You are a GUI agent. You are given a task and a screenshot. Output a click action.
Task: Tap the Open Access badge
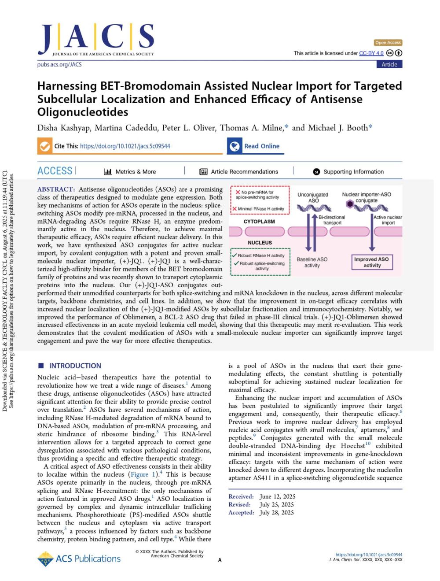[388, 43]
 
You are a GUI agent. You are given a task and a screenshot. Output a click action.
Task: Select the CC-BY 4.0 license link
[371, 53]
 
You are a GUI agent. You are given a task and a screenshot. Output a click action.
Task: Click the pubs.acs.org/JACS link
[59, 64]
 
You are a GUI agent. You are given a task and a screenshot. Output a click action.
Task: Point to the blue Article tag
[389, 64]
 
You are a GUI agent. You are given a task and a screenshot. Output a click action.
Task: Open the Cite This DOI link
[125, 146]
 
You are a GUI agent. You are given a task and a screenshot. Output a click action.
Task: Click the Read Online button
[261, 146]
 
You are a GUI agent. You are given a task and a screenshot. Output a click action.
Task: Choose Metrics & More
[130, 172]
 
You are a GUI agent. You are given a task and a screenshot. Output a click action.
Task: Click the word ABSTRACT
[56, 189]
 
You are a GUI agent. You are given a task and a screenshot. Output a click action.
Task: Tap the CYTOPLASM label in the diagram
[259, 222]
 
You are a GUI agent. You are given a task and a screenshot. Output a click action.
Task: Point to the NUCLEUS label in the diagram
[260, 243]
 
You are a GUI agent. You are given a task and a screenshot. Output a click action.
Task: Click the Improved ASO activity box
[372, 262]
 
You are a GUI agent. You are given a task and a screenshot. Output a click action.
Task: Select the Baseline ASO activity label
[312, 262]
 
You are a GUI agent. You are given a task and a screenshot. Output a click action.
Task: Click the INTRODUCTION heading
[75, 366]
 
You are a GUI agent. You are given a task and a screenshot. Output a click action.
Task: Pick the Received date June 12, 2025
[277, 496]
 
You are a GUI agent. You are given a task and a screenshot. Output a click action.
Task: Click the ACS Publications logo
[79, 559]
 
